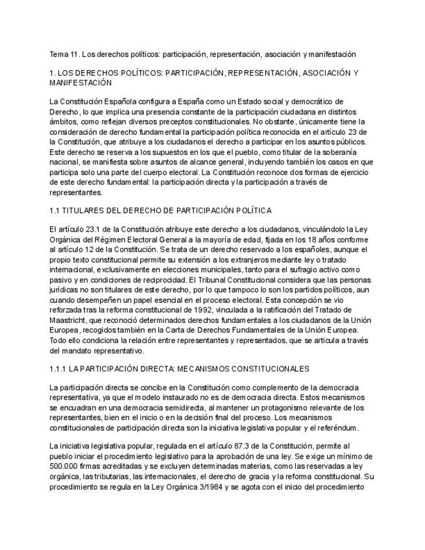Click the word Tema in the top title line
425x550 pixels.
click(x=59, y=54)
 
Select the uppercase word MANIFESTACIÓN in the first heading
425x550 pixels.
click(x=80, y=83)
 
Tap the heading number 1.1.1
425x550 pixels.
click(x=58, y=369)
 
